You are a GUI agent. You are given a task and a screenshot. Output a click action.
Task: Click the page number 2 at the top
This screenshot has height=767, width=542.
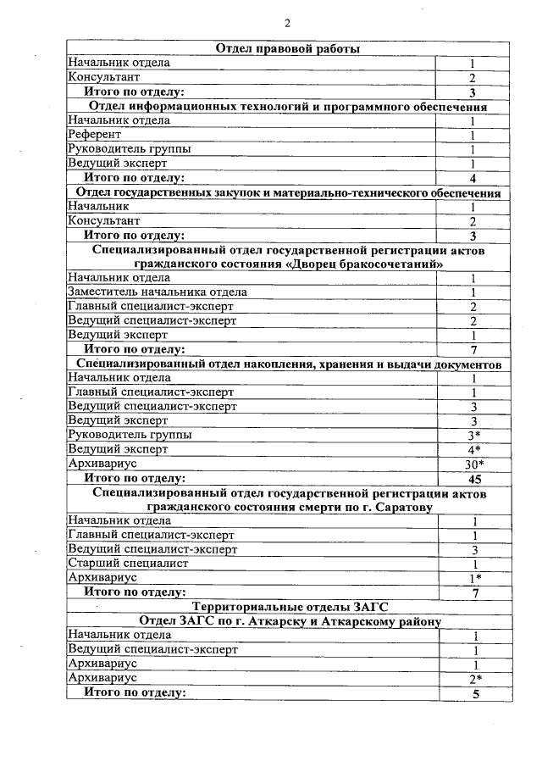pyautogui.click(x=288, y=23)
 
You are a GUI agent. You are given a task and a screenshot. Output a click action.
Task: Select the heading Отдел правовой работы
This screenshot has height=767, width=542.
pyautogui.click(x=288, y=48)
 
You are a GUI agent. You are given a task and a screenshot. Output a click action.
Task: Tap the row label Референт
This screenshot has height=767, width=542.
pyautogui.click(x=95, y=135)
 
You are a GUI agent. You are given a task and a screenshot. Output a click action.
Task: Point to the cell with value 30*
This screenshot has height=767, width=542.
pyautogui.click(x=474, y=464)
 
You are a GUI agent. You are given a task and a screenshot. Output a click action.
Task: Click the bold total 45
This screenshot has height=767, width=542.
pyautogui.click(x=474, y=479)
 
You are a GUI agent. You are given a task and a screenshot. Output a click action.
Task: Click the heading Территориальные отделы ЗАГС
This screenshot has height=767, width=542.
pyautogui.click(x=286, y=607)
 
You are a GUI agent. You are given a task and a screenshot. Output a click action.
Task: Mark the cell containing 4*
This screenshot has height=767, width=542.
pyautogui.click(x=474, y=449)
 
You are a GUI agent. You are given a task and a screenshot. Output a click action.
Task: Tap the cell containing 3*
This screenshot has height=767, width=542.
pyautogui.click(x=474, y=435)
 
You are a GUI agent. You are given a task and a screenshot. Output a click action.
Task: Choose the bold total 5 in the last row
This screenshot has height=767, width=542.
pyautogui.click(x=476, y=694)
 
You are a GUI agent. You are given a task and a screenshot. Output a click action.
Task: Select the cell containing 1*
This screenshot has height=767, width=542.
pyautogui.click(x=476, y=578)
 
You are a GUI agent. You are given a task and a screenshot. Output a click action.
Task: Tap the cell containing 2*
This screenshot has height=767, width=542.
pyautogui.click(x=476, y=679)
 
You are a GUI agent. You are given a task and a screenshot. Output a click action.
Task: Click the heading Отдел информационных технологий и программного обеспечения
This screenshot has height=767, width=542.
pyautogui.click(x=288, y=107)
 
